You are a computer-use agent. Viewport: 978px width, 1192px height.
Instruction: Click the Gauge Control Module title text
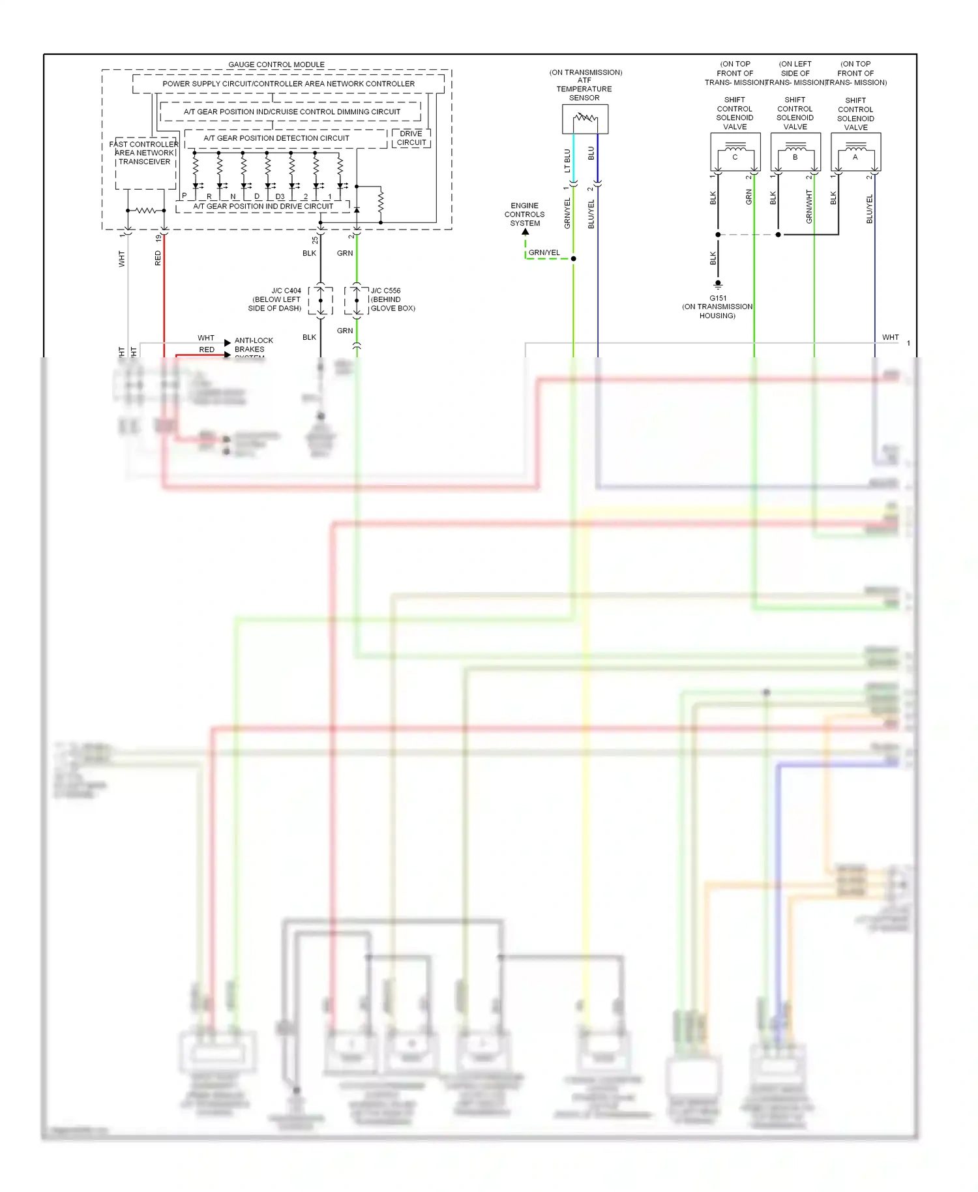coord(276,65)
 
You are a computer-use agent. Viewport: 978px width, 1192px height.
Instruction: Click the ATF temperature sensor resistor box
coord(585,119)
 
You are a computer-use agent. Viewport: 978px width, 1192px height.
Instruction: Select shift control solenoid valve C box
coord(735,152)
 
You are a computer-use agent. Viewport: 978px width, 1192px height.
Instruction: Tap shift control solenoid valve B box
coord(795,152)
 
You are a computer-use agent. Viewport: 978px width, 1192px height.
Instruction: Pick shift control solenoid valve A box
coord(855,152)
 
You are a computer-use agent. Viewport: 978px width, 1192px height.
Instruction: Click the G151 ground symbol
coord(718,285)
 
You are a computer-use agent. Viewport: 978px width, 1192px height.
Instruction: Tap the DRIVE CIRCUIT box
coord(411,138)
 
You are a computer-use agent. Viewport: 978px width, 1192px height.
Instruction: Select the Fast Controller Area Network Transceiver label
coord(144,153)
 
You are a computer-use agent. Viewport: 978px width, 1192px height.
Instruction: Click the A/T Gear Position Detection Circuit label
coord(276,138)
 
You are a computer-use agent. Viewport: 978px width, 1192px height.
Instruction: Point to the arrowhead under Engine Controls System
coord(526,231)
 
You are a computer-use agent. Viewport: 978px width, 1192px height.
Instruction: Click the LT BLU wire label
coord(567,160)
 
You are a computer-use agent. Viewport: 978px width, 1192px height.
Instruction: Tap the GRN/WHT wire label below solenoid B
coord(809,207)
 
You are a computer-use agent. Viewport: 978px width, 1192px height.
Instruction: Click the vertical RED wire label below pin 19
coord(158,258)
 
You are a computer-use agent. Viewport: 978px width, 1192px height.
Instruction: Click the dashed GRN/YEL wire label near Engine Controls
coord(544,252)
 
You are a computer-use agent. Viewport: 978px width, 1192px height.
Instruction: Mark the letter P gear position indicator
coord(185,196)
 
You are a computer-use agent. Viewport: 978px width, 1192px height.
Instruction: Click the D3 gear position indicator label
coord(280,196)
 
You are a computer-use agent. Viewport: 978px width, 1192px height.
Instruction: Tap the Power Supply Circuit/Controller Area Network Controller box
coord(288,83)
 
